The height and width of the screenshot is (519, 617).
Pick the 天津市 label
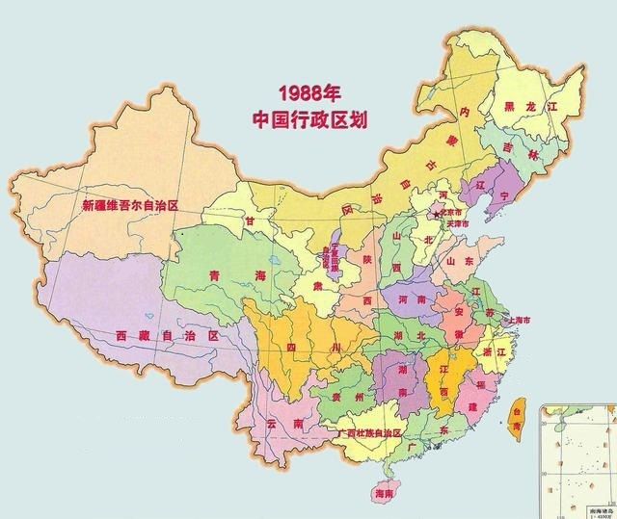click(x=457, y=224)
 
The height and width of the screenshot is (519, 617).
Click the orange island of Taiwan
click(x=515, y=412)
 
